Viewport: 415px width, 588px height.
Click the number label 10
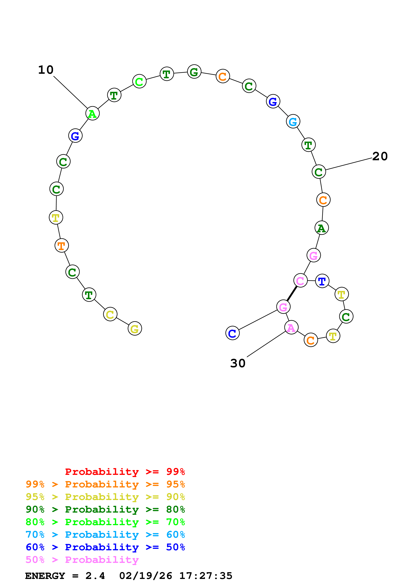(46, 70)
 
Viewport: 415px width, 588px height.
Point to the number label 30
(238, 363)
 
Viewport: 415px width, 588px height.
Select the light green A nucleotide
(92, 113)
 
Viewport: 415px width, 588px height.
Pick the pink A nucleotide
(291, 327)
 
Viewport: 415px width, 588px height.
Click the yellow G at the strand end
(135, 328)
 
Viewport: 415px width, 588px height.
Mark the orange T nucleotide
(61, 246)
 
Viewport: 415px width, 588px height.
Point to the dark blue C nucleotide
(232, 333)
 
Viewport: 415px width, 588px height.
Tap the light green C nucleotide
(139, 81)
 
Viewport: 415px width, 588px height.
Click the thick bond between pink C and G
(292, 294)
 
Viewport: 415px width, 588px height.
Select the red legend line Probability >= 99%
(125, 472)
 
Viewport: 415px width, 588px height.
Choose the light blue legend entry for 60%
(105, 535)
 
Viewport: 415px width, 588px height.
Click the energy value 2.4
(95, 576)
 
